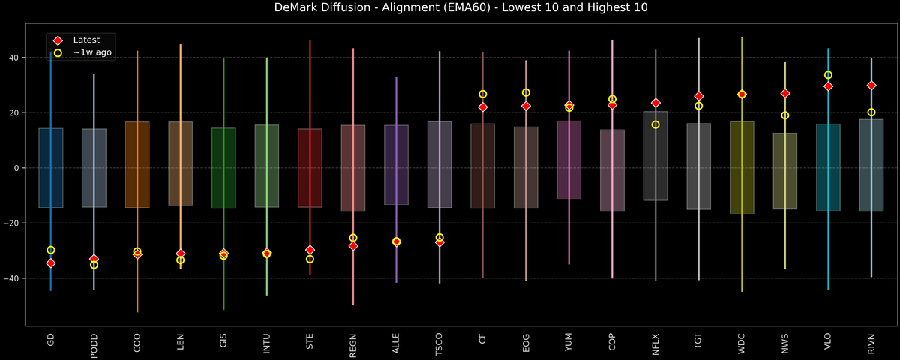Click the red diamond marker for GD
tap(51, 263)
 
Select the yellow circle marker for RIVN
tap(871, 112)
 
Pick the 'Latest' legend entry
tap(85, 40)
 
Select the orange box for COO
tap(137, 164)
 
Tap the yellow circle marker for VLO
tap(828, 75)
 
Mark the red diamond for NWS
tap(785, 93)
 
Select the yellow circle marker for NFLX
tap(655, 124)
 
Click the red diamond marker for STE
tap(310, 250)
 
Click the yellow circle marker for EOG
tap(526, 93)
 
